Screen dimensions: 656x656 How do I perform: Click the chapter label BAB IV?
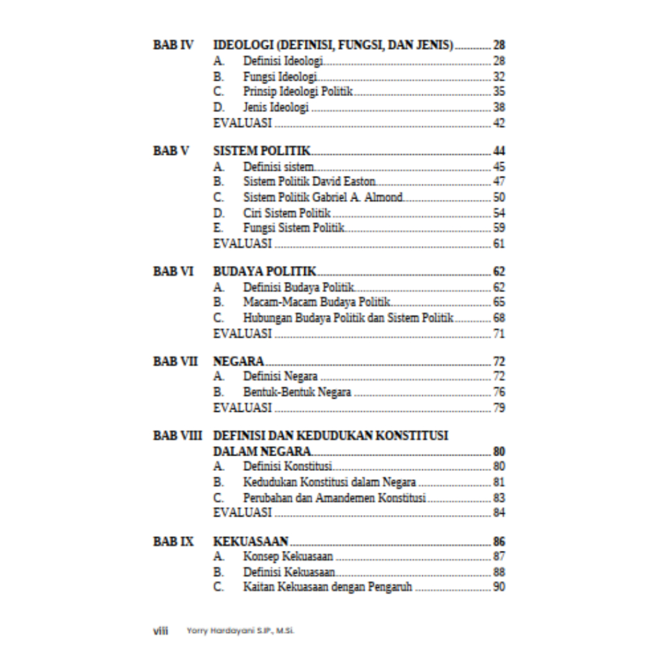click(174, 45)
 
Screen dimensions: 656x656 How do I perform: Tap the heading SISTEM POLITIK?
click(262, 151)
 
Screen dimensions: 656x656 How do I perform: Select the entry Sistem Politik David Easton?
click(309, 182)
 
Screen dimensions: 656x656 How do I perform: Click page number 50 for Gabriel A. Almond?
click(499, 197)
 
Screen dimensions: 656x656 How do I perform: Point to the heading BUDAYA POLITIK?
click(265, 272)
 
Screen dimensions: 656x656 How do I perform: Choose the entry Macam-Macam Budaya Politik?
click(316, 302)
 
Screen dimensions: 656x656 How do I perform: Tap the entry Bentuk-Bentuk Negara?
click(297, 392)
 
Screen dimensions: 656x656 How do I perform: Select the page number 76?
click(499, 392)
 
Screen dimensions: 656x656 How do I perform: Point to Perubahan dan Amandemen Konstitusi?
click(334, 498)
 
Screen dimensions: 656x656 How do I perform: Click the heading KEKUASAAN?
click(250, 542)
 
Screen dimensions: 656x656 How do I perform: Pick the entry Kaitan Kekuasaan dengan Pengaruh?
click(327, 587)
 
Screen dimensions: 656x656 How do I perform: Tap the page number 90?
click(499, 587)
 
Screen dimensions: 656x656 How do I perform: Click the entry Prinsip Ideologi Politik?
click(298, 92)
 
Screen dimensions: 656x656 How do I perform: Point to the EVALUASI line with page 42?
click(243, 123)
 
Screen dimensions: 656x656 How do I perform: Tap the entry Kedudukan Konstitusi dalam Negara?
click(329, 482)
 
